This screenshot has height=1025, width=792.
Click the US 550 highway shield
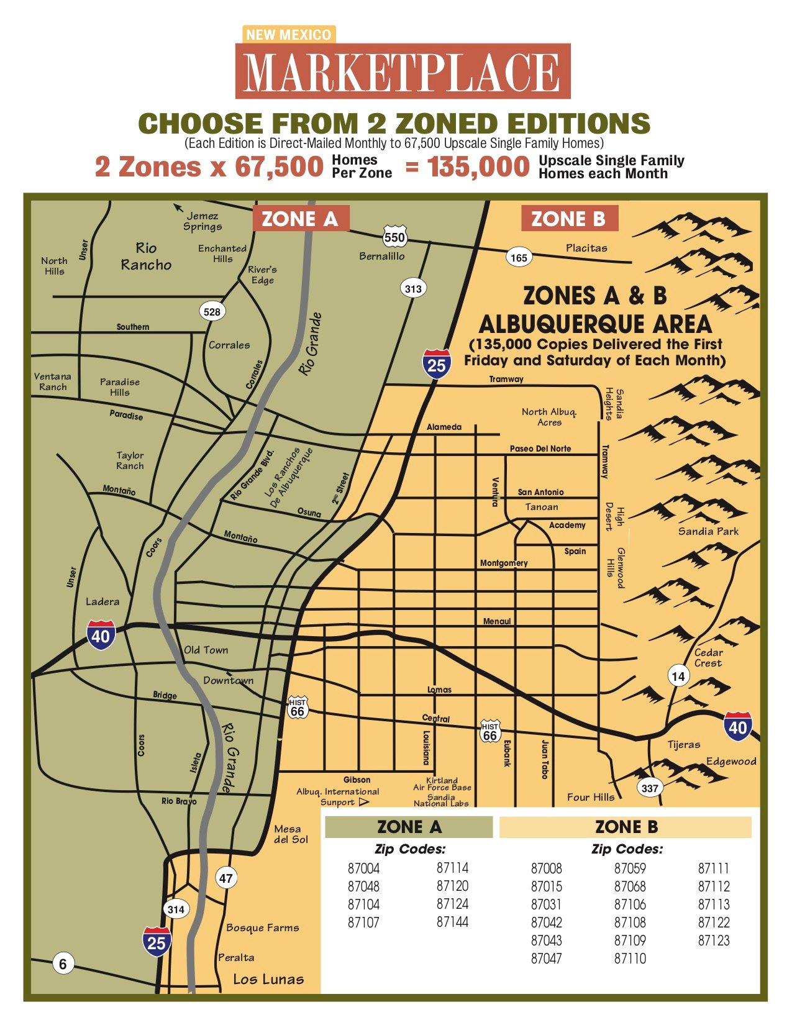394,236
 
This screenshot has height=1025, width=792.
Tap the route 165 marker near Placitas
519,257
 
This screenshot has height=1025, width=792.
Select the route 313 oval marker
413,288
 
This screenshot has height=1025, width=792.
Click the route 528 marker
212,311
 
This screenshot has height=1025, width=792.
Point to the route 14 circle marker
678,676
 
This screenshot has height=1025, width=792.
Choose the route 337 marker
650,788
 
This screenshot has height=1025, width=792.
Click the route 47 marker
225,878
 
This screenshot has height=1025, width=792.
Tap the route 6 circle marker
62,963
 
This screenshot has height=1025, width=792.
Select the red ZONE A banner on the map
300,219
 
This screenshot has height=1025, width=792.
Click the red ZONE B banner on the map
568,219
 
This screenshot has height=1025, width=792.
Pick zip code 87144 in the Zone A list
452,922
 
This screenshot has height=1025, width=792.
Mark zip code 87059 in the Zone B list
630,868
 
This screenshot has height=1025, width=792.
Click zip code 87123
714,940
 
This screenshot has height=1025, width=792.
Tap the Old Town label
206,650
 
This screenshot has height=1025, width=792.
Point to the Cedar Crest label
708,657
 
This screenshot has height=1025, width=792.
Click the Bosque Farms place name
262,927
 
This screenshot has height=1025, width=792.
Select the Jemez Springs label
203,221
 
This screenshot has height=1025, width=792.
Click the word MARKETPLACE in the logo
403,72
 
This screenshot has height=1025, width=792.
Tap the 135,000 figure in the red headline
478,166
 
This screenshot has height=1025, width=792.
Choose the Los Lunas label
268,979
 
